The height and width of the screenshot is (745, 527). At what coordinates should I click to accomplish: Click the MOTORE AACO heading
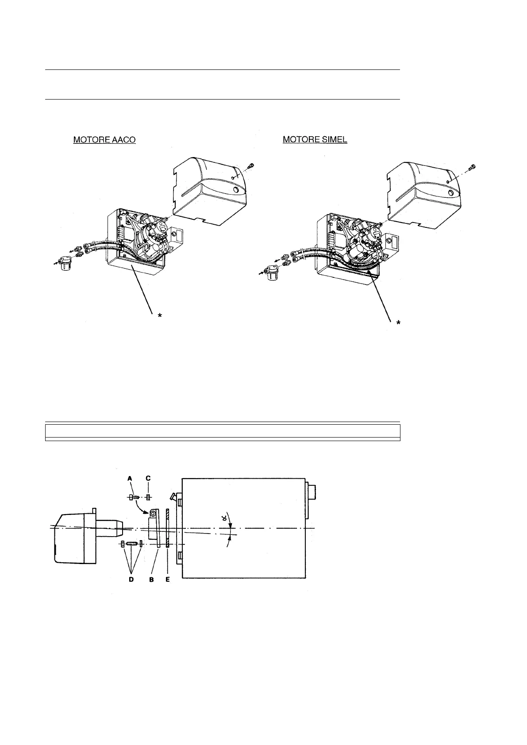click(104, 140)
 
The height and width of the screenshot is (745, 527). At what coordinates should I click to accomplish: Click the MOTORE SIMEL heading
click(315, 140)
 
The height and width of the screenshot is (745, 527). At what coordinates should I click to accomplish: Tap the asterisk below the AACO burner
click(160, 315)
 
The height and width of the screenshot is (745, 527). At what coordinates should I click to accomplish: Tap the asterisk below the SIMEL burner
click(398, 323)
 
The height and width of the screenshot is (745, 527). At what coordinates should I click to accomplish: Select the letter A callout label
click(130, 478)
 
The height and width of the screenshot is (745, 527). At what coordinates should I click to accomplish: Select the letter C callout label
click(148, 478)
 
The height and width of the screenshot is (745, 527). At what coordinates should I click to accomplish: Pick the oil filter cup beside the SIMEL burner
click(271, 273)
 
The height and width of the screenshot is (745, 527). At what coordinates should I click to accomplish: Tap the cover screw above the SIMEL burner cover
click(473, 167)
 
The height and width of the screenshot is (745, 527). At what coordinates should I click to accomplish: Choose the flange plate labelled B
click(154, 529)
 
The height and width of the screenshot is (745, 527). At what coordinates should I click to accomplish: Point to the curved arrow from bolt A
click(143, 503)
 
